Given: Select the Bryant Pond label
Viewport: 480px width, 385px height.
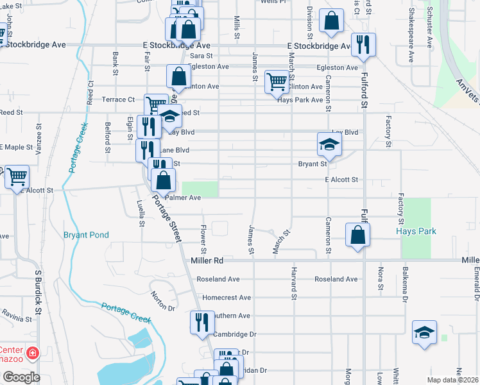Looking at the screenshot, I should [x=86, y=235].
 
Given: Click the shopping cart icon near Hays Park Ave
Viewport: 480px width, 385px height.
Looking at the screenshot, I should [x=277, y=81].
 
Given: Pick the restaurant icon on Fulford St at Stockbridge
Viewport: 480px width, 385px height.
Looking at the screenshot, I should [x=364, y=44].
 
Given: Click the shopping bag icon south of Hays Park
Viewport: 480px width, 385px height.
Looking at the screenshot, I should [x=357, y=234].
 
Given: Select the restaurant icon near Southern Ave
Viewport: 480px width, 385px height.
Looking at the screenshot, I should [x=202, y=321].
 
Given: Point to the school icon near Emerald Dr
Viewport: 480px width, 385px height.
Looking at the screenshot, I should [x=424, y=332].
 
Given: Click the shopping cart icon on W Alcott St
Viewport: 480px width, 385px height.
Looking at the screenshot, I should [x=17, y=176].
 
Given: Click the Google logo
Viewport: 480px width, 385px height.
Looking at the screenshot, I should [x=21, y=377].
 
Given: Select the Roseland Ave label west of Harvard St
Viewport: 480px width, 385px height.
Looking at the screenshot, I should [x=218, y=279].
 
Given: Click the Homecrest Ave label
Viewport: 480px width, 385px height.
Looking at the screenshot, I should [x=226, y=298].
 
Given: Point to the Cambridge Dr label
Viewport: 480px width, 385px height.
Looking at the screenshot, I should [x=235, y=334].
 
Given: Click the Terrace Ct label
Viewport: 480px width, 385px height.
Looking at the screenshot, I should [x=119, y=99].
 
